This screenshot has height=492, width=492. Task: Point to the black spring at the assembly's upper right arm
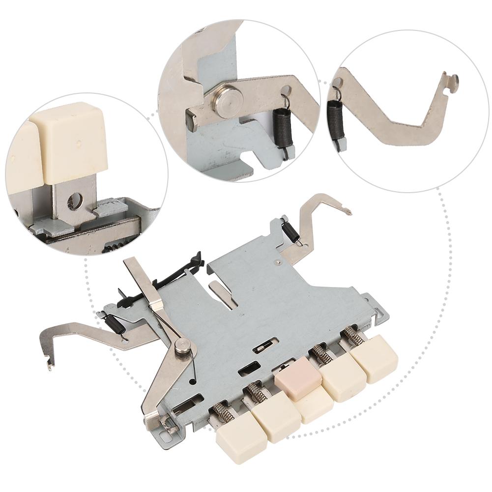(290, 230)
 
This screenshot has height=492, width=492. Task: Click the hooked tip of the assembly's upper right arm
(347, 212)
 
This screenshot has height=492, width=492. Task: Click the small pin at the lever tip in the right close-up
(454, 79)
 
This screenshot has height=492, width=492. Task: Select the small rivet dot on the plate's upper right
(279, 262)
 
